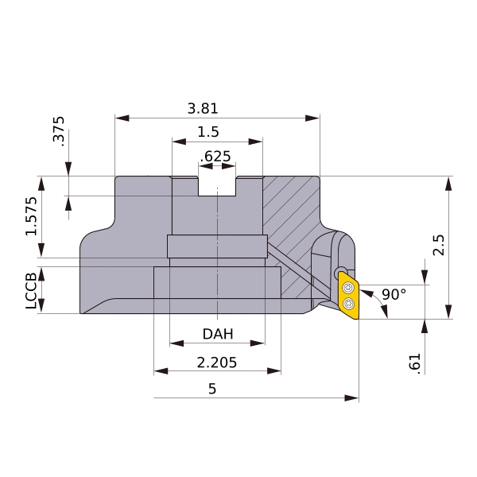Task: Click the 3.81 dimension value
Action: pyautogui.click(x=203, y=109)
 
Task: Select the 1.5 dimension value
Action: pyautogui.click(x=208, y=132)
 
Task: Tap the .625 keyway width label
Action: pyautogui.click(x=215, y=157)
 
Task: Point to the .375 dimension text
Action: pyautogui.click(x=59, y=131)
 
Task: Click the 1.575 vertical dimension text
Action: pyautogui.click(x=31, y=216)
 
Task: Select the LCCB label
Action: pyautogui.click(x=31, y=291)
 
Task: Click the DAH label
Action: pyautogui.click(x=218, y=334)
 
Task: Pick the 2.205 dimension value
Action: pyautogui.click(x=216, y=363)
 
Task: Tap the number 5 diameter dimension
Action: pyautogui.click(x=212, y=389)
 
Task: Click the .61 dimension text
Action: pyautogui.click(x=415, y=364)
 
